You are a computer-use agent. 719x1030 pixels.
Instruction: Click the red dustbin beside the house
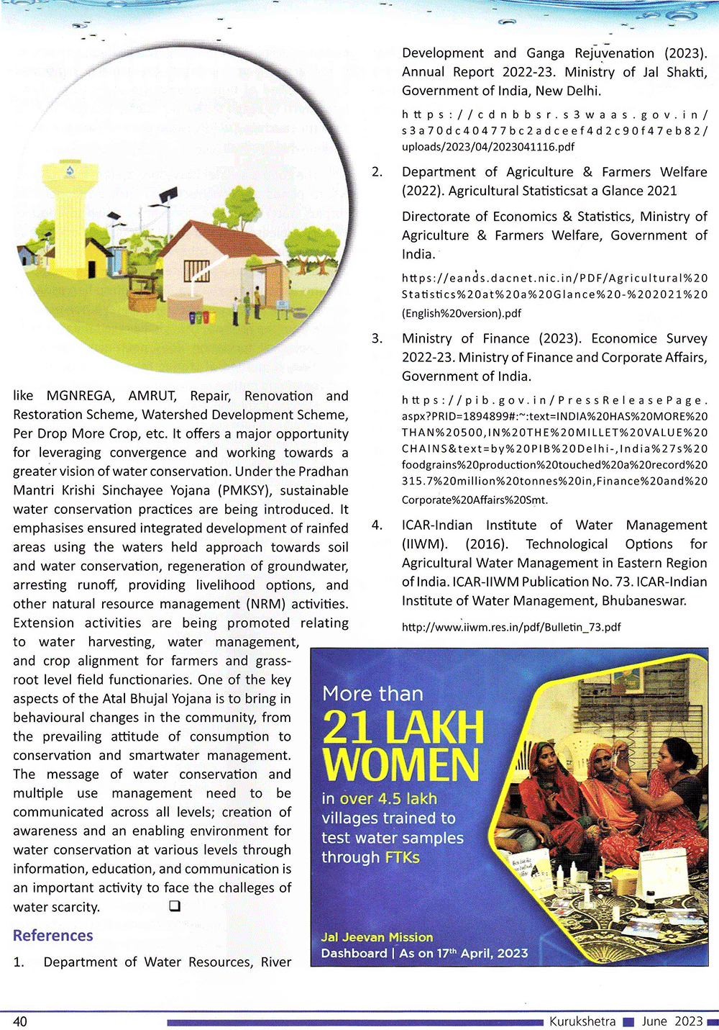point(206,317)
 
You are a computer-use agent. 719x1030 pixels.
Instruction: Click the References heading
point(53,935)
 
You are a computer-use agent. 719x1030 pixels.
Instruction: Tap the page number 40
point(20,1021)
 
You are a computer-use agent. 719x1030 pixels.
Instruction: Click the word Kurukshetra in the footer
point(582,1021)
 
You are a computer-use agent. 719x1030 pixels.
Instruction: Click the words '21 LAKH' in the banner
point(403,728)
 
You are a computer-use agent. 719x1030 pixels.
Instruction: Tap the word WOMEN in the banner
point(400,764)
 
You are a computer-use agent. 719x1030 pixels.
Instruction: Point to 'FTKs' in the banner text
point(402,857)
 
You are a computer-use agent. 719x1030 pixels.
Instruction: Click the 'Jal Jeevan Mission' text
point(377,937)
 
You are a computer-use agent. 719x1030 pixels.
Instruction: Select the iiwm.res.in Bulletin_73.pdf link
point(511,627)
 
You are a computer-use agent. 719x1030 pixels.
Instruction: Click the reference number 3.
point(377,338)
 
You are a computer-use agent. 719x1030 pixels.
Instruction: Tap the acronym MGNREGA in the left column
point(80,396)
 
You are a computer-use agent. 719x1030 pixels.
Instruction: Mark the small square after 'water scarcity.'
point(174,906)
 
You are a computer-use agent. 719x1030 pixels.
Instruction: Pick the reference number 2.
point(377,172)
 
